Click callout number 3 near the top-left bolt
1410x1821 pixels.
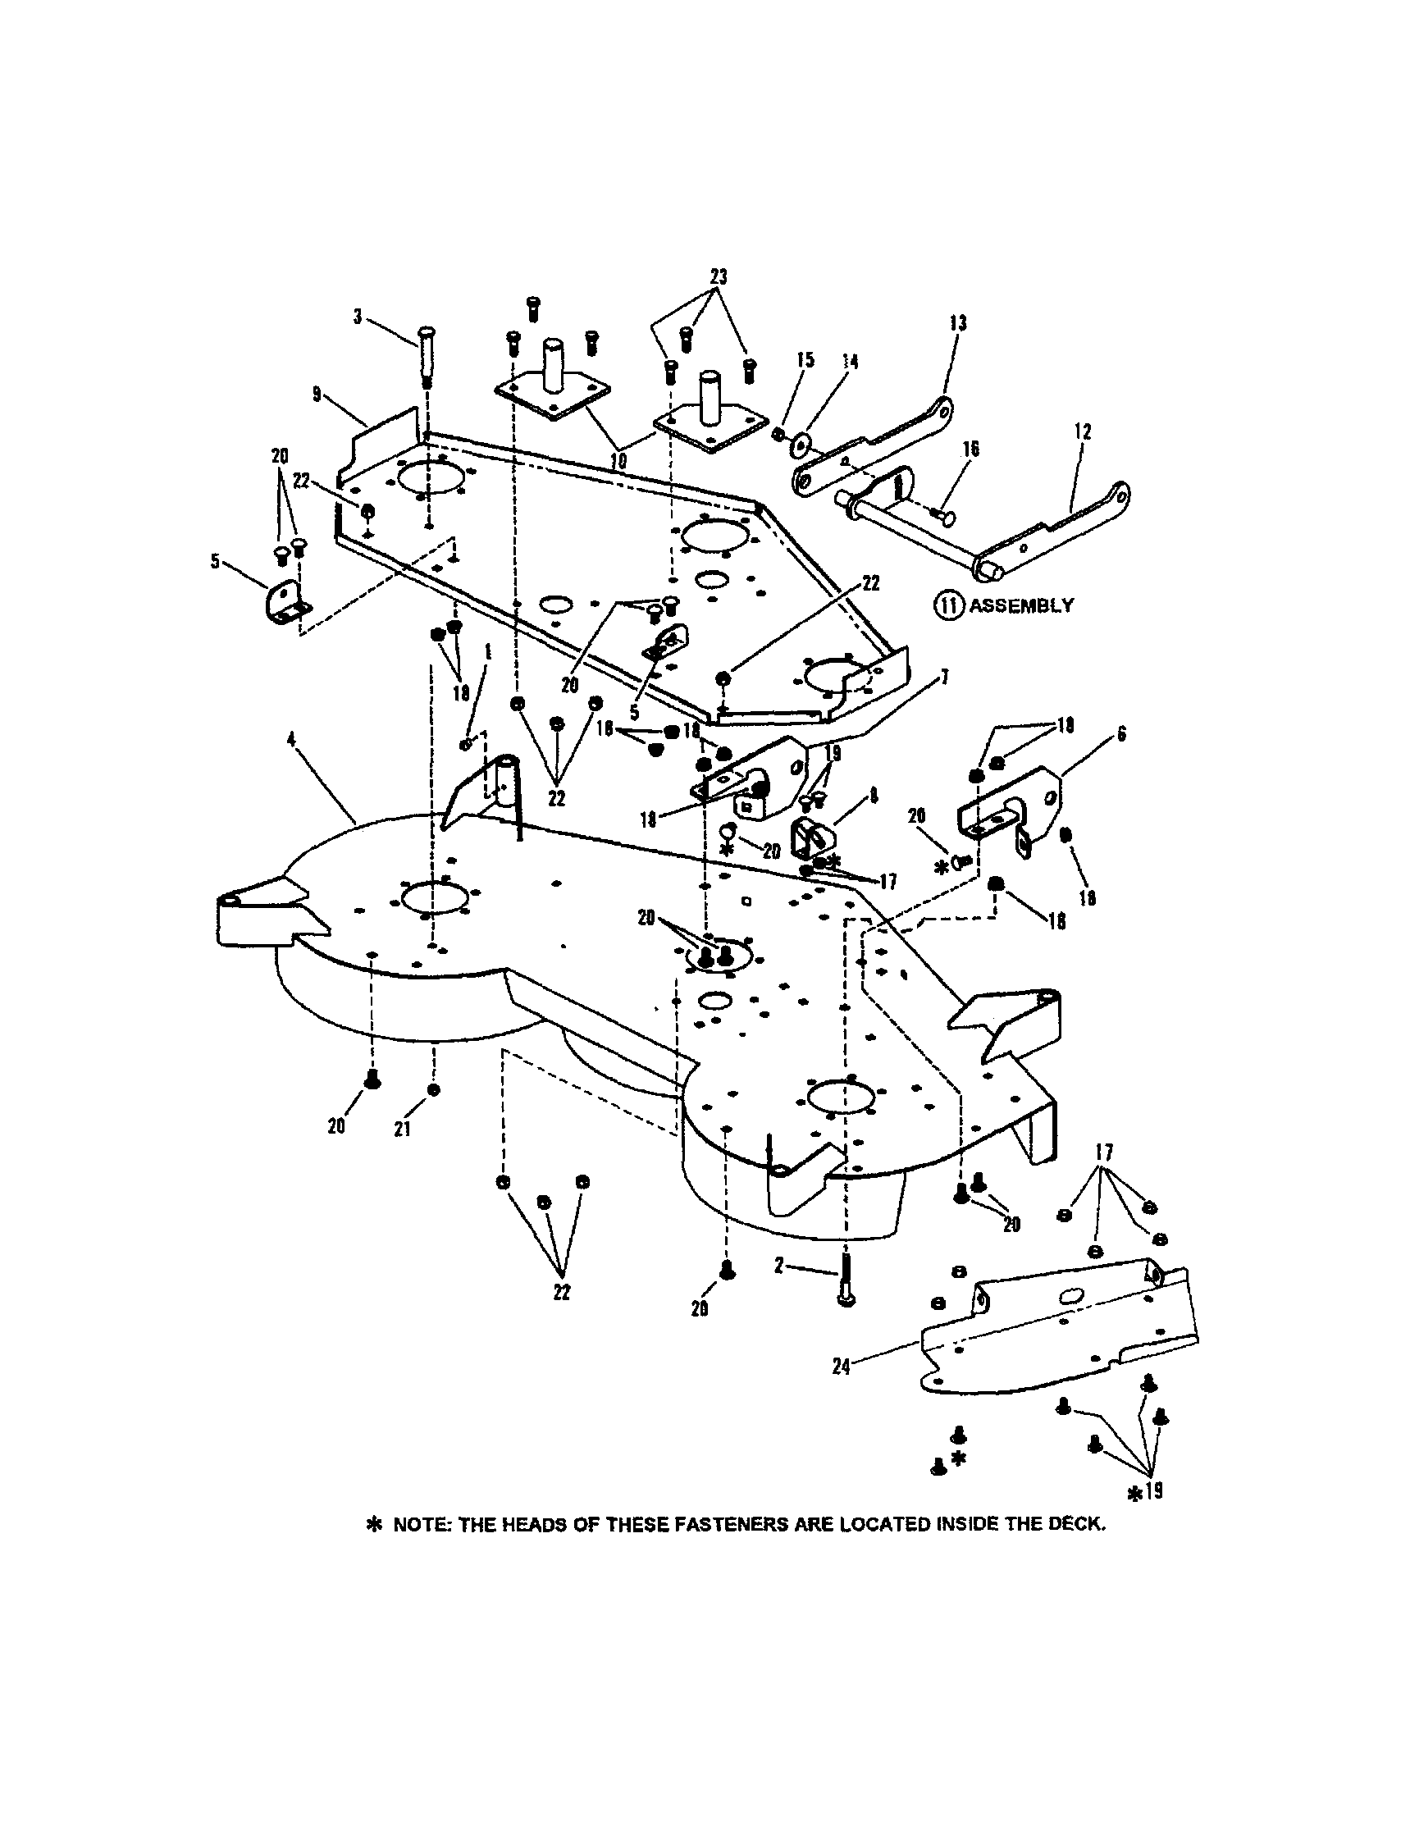358,317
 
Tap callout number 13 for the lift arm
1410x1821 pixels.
958,322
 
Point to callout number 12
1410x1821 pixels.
1084,432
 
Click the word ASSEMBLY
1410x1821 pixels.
1020,605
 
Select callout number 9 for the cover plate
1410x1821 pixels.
317,394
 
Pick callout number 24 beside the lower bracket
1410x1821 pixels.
842,1367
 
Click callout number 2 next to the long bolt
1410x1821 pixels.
778,1266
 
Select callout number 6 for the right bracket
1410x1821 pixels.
1121,734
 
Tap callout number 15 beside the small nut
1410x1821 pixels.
805,360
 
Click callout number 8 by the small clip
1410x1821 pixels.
873,796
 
